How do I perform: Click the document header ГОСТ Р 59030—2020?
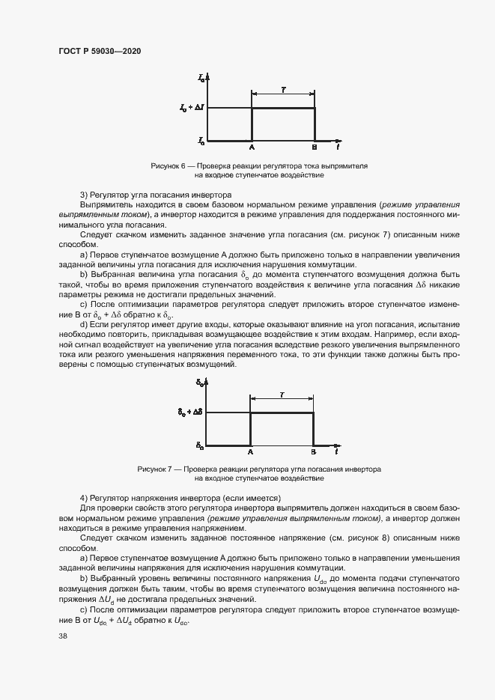point(100,51)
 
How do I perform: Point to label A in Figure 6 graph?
point(252,147)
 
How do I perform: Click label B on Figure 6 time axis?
point(315,147)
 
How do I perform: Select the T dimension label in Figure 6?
point(283,89)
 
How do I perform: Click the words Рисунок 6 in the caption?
point(168,165)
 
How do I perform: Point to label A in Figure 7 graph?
point(250,453)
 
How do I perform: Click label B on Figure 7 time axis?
point(313,453)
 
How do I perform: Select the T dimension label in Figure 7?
point(282,393)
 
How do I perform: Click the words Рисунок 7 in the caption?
point(156,469)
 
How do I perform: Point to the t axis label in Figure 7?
point(338,452)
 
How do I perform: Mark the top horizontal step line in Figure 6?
point(283,109)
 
